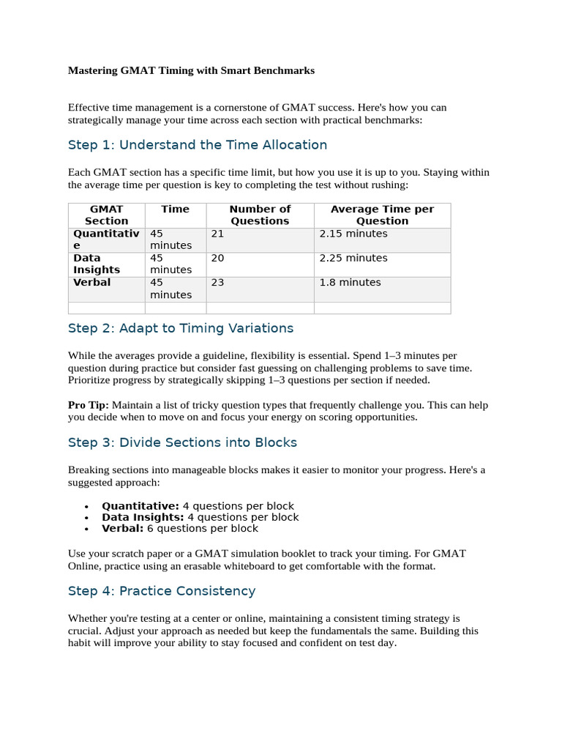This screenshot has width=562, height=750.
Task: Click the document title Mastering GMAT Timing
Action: (x=191, y=71)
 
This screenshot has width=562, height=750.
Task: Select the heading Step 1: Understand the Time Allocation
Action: (x=198, y=145)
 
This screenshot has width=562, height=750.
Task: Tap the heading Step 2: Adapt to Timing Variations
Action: (x=181, y=328)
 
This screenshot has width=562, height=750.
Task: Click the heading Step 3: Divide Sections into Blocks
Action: (x=182, y=442)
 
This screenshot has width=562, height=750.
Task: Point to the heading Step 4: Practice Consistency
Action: (x=162, y=591)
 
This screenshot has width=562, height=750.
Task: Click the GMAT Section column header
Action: (x=106, y=215)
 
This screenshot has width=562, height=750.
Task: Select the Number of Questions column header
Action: (x=260, y=215)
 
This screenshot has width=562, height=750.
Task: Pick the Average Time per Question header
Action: (x=382, y=215)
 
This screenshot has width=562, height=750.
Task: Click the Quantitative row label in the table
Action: (x=105, y=240)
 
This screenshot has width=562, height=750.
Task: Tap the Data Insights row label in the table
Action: (x=97, y=264)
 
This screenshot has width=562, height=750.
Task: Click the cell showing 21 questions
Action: (x=218, y=234)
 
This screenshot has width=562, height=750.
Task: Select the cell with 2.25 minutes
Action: (x=353, y=258)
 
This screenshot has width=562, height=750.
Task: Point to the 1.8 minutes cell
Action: (x=350, y=282)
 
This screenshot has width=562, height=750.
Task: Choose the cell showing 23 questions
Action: (x=218, y=282)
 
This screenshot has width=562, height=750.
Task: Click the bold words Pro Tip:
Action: (x=89, y=405)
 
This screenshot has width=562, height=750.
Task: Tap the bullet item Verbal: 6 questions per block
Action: (x=180, y=528)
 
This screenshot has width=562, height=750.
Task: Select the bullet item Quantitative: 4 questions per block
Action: (x=198, y=506)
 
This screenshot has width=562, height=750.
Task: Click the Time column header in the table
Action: (x=175, y=209)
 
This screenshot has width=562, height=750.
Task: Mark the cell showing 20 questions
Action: (x=218, y=258)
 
